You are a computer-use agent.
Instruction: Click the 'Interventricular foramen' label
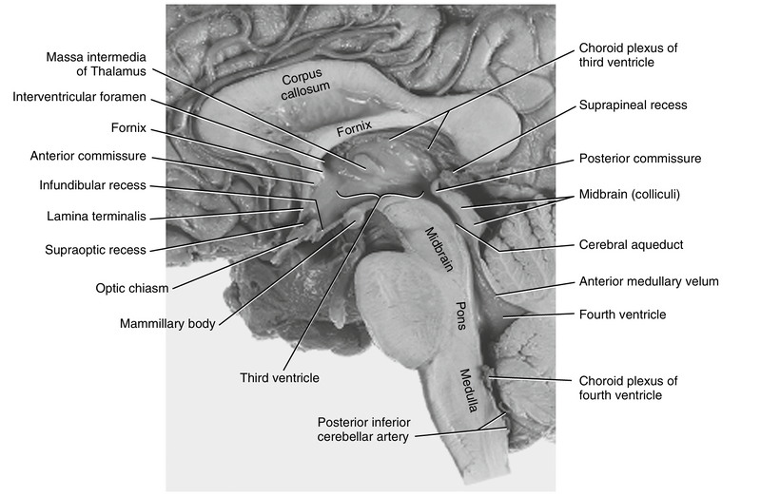[x=81, y=96]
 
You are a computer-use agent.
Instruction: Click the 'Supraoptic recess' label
[x=96, y=250]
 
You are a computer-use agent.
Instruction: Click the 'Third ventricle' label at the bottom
[x=280, y=377]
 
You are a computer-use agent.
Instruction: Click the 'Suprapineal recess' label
[x=633, y=105]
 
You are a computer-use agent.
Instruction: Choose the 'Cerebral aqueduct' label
[x=632, y=244]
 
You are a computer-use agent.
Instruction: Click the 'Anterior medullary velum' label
[x=649, y=281]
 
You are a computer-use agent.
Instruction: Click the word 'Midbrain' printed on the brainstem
[x=435, y=246]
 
